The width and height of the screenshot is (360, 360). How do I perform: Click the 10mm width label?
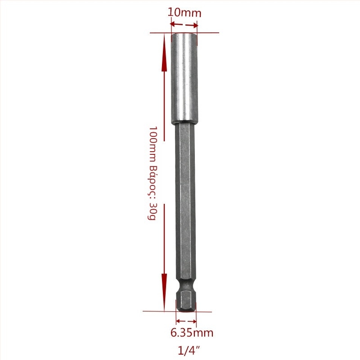point(184,13)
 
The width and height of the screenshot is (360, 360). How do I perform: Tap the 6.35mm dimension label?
point(192,333)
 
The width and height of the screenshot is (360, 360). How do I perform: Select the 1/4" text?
point(189,351)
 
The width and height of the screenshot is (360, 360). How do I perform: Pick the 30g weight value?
point(152,211)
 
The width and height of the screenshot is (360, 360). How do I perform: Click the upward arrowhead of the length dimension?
point(164,53)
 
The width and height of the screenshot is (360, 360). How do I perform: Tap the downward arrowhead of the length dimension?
point(164,292)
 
